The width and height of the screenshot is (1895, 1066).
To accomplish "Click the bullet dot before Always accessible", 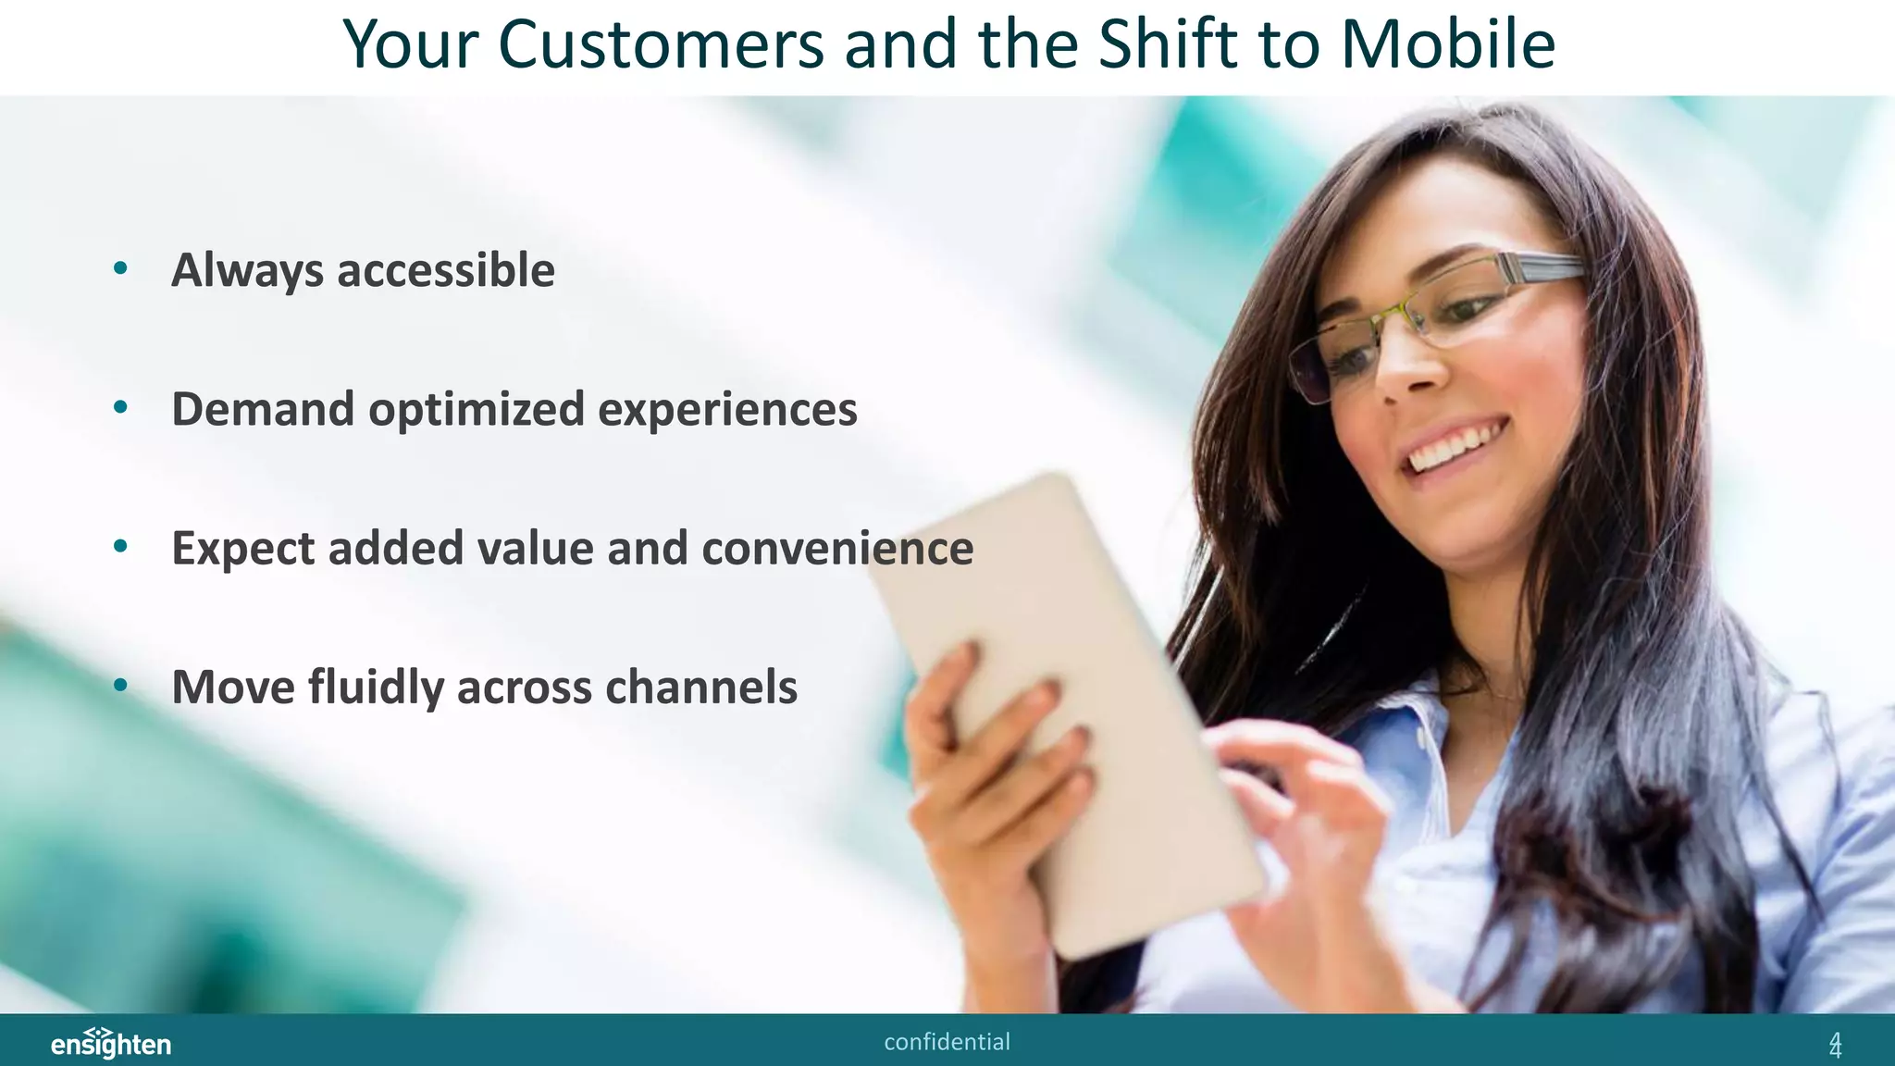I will click(x=120, y=269).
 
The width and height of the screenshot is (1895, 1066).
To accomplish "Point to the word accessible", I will click(x=446, y=271).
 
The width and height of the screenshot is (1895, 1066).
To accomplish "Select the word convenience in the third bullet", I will click(x=837, y=548).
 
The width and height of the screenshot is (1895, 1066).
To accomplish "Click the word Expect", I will click(x=242, y=549).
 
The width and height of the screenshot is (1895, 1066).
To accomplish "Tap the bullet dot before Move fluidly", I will click(x=120, y=687).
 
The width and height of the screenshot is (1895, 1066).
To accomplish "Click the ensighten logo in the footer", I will click(x=110, y=1043).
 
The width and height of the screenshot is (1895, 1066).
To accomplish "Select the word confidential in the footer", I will click(x=947, y=1042).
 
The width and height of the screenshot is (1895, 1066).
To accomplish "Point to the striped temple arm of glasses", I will click(x=1536, y=267).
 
